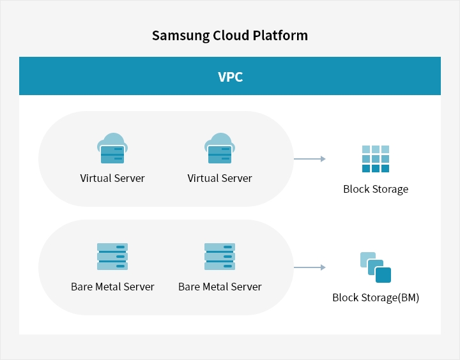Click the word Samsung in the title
(x=180, y=36)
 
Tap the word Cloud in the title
(x=231, y=35)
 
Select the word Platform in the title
(x=280, y=35)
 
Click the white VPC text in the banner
(x=230, y=77)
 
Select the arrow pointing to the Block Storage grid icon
(x=310, y=159)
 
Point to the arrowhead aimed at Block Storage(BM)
(x=323, y=267)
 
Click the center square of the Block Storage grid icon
(x=376, y=159)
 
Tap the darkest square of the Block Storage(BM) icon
(x=383, y=275)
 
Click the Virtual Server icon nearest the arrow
(x=220, y=148)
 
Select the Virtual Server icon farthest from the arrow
(x=112, y=148)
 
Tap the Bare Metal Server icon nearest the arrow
(x=220, y=257)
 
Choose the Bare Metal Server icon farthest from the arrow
(x=112, y=257)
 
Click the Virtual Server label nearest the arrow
(x=220, y=178)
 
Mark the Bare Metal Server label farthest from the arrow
(x=112, y=287)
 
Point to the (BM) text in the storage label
(x=408, y=298)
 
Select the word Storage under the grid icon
(x=390, y=190)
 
